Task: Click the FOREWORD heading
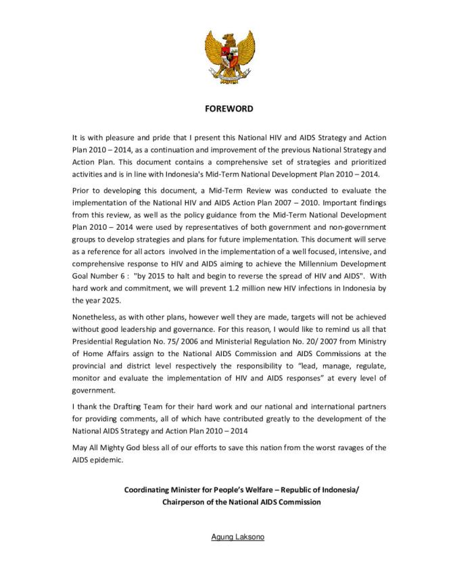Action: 226,108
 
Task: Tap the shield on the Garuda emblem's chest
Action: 226,55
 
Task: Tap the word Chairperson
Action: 187,502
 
